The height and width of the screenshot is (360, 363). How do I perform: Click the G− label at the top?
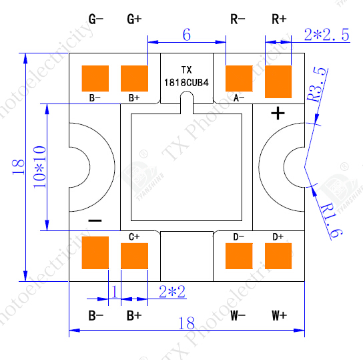(x=96, y=19)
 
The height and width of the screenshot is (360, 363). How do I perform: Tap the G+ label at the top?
(x=134, y=19)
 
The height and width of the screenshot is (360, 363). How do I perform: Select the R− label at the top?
(x=238, y=19)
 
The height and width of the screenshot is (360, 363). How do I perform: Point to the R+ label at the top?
(x=279, y=19)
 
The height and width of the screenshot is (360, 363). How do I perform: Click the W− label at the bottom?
(x=238, y=315)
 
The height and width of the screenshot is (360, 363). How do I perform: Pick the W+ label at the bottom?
(x=279, y=315)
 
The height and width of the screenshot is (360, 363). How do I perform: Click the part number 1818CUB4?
(x=187, y=81)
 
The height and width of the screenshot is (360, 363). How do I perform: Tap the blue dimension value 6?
(x=186, y=34)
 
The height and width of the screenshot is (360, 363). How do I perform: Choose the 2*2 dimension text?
(x=172, y=291)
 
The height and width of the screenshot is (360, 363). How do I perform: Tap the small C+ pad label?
(x=133, y=236)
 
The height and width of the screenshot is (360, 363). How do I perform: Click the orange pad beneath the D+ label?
(x=279, y=255)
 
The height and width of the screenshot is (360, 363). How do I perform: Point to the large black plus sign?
(x=278, y=114)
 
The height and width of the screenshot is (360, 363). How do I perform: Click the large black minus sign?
(x=95, y=220)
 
